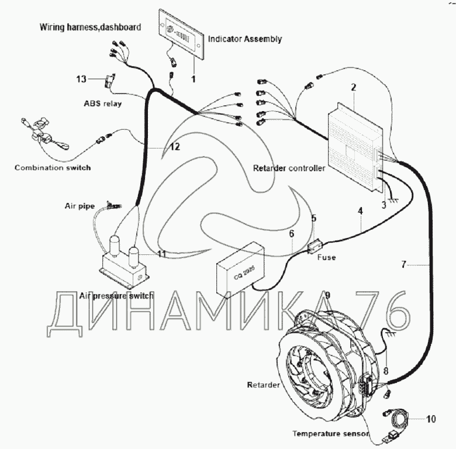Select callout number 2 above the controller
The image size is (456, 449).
[x=353, y=88]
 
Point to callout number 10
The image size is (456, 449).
[x=430, y=419]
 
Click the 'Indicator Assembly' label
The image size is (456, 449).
[x=245, y=39]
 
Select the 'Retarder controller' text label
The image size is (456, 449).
[x=288, y=168]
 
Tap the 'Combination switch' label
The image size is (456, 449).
[x=53, y=168]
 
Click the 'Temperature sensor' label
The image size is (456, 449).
[x=331, y=434]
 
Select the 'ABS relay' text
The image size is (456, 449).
[x=102, y=104]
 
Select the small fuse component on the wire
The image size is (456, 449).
[x=315, y=248]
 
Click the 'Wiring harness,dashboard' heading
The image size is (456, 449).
[x=90, y=27]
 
